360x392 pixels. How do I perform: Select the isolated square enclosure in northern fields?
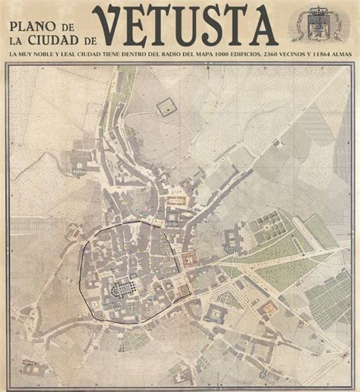tap(165, 108)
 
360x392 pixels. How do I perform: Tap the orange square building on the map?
tap(268, 308)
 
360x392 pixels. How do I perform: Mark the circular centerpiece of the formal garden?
tap(266, 225)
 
